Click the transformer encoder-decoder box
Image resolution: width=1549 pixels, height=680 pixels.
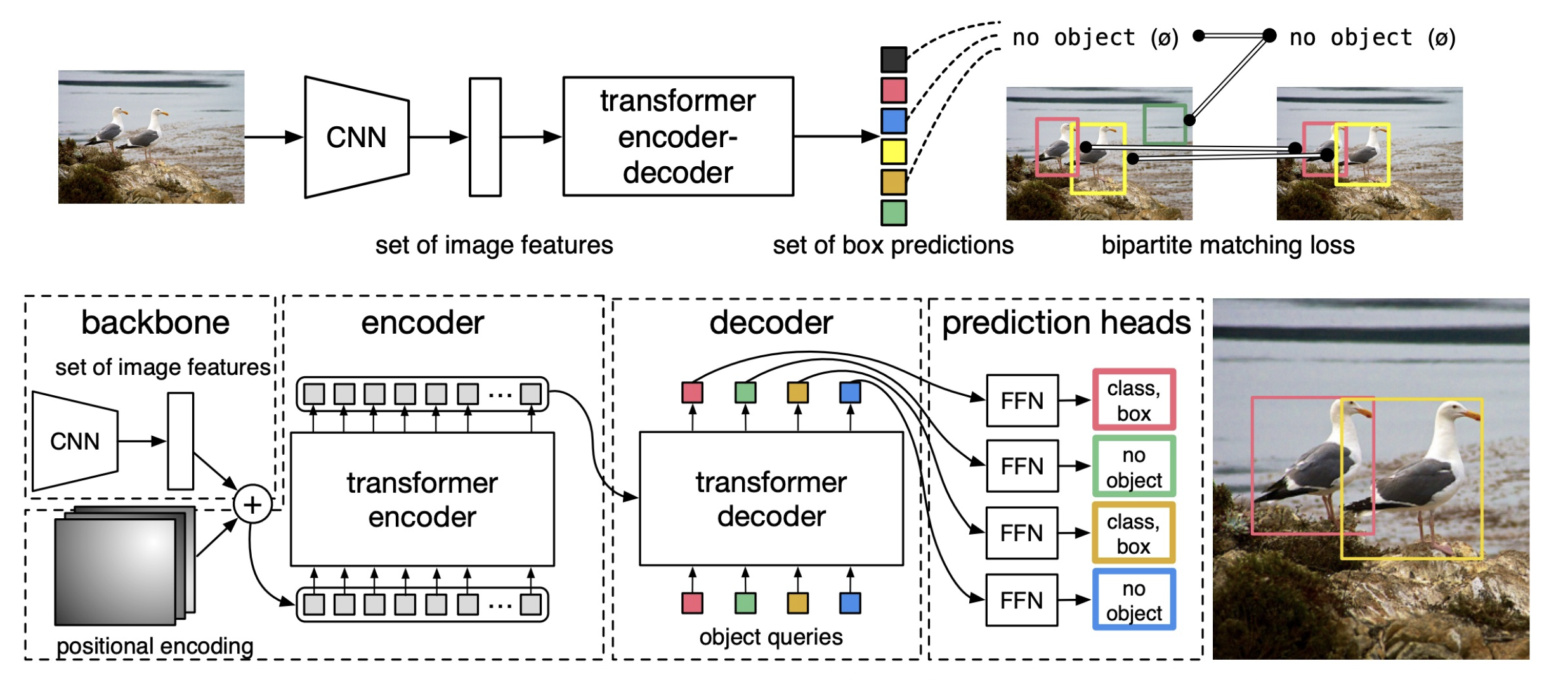tap(677, 136)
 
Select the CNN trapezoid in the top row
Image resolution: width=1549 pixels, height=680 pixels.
tap(356, 137)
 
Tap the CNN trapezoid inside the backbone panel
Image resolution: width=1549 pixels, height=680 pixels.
tap(75, 441)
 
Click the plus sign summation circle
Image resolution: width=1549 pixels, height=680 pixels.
tap(252, 504)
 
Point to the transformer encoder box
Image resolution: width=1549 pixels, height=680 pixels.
tap(422, 499)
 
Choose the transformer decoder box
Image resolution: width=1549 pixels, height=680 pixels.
tap(771, 499)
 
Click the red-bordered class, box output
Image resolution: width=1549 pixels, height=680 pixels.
tap(1134, 400)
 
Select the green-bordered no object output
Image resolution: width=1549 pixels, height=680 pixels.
tap(1134, 466)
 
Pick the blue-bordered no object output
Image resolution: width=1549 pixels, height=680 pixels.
tap(1134, 600)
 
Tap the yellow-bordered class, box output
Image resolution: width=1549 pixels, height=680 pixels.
tap(1134, 533)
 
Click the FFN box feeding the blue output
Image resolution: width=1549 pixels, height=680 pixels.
tap(1021, 600)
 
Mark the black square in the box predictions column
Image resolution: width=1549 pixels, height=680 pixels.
tap(893, 60)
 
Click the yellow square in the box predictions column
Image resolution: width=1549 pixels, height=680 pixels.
tap(893, 152)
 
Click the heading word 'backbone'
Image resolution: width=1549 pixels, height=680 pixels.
tap(155, 322)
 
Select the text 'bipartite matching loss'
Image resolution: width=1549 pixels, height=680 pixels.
tap(1227, 245)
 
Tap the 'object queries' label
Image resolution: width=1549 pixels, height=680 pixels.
tap(771, 636)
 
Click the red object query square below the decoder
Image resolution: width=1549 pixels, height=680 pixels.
tap(692, 603)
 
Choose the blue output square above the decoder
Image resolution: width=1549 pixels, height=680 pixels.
tap(850, 392)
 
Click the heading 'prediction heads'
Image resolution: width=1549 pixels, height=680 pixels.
tap(1066, 322)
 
